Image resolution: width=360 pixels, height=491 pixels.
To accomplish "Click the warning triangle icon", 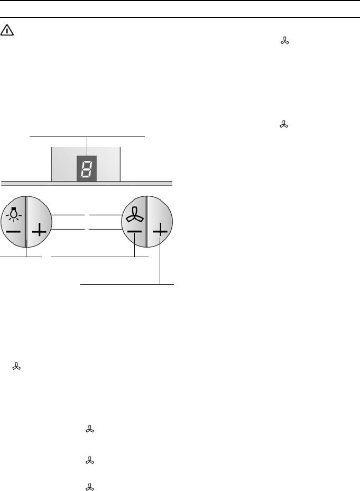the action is point(7,30).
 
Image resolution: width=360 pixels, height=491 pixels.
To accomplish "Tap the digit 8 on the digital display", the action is point(87,168).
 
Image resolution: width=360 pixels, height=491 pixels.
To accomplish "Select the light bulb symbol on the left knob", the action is point(13,213).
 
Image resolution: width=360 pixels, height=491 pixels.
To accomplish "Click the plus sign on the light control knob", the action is point(39,231).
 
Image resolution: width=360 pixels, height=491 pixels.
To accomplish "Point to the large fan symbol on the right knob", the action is point(135,215).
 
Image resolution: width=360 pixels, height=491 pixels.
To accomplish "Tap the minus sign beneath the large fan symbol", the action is point(134,232).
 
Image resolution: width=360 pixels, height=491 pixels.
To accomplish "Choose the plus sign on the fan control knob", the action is point(160,231).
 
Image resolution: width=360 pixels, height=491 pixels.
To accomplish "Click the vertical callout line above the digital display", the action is point(87,146).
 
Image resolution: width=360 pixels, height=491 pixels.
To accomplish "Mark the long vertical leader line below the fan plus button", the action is point(160,261).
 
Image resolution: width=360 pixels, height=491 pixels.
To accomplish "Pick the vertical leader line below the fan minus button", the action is point(134,245).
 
